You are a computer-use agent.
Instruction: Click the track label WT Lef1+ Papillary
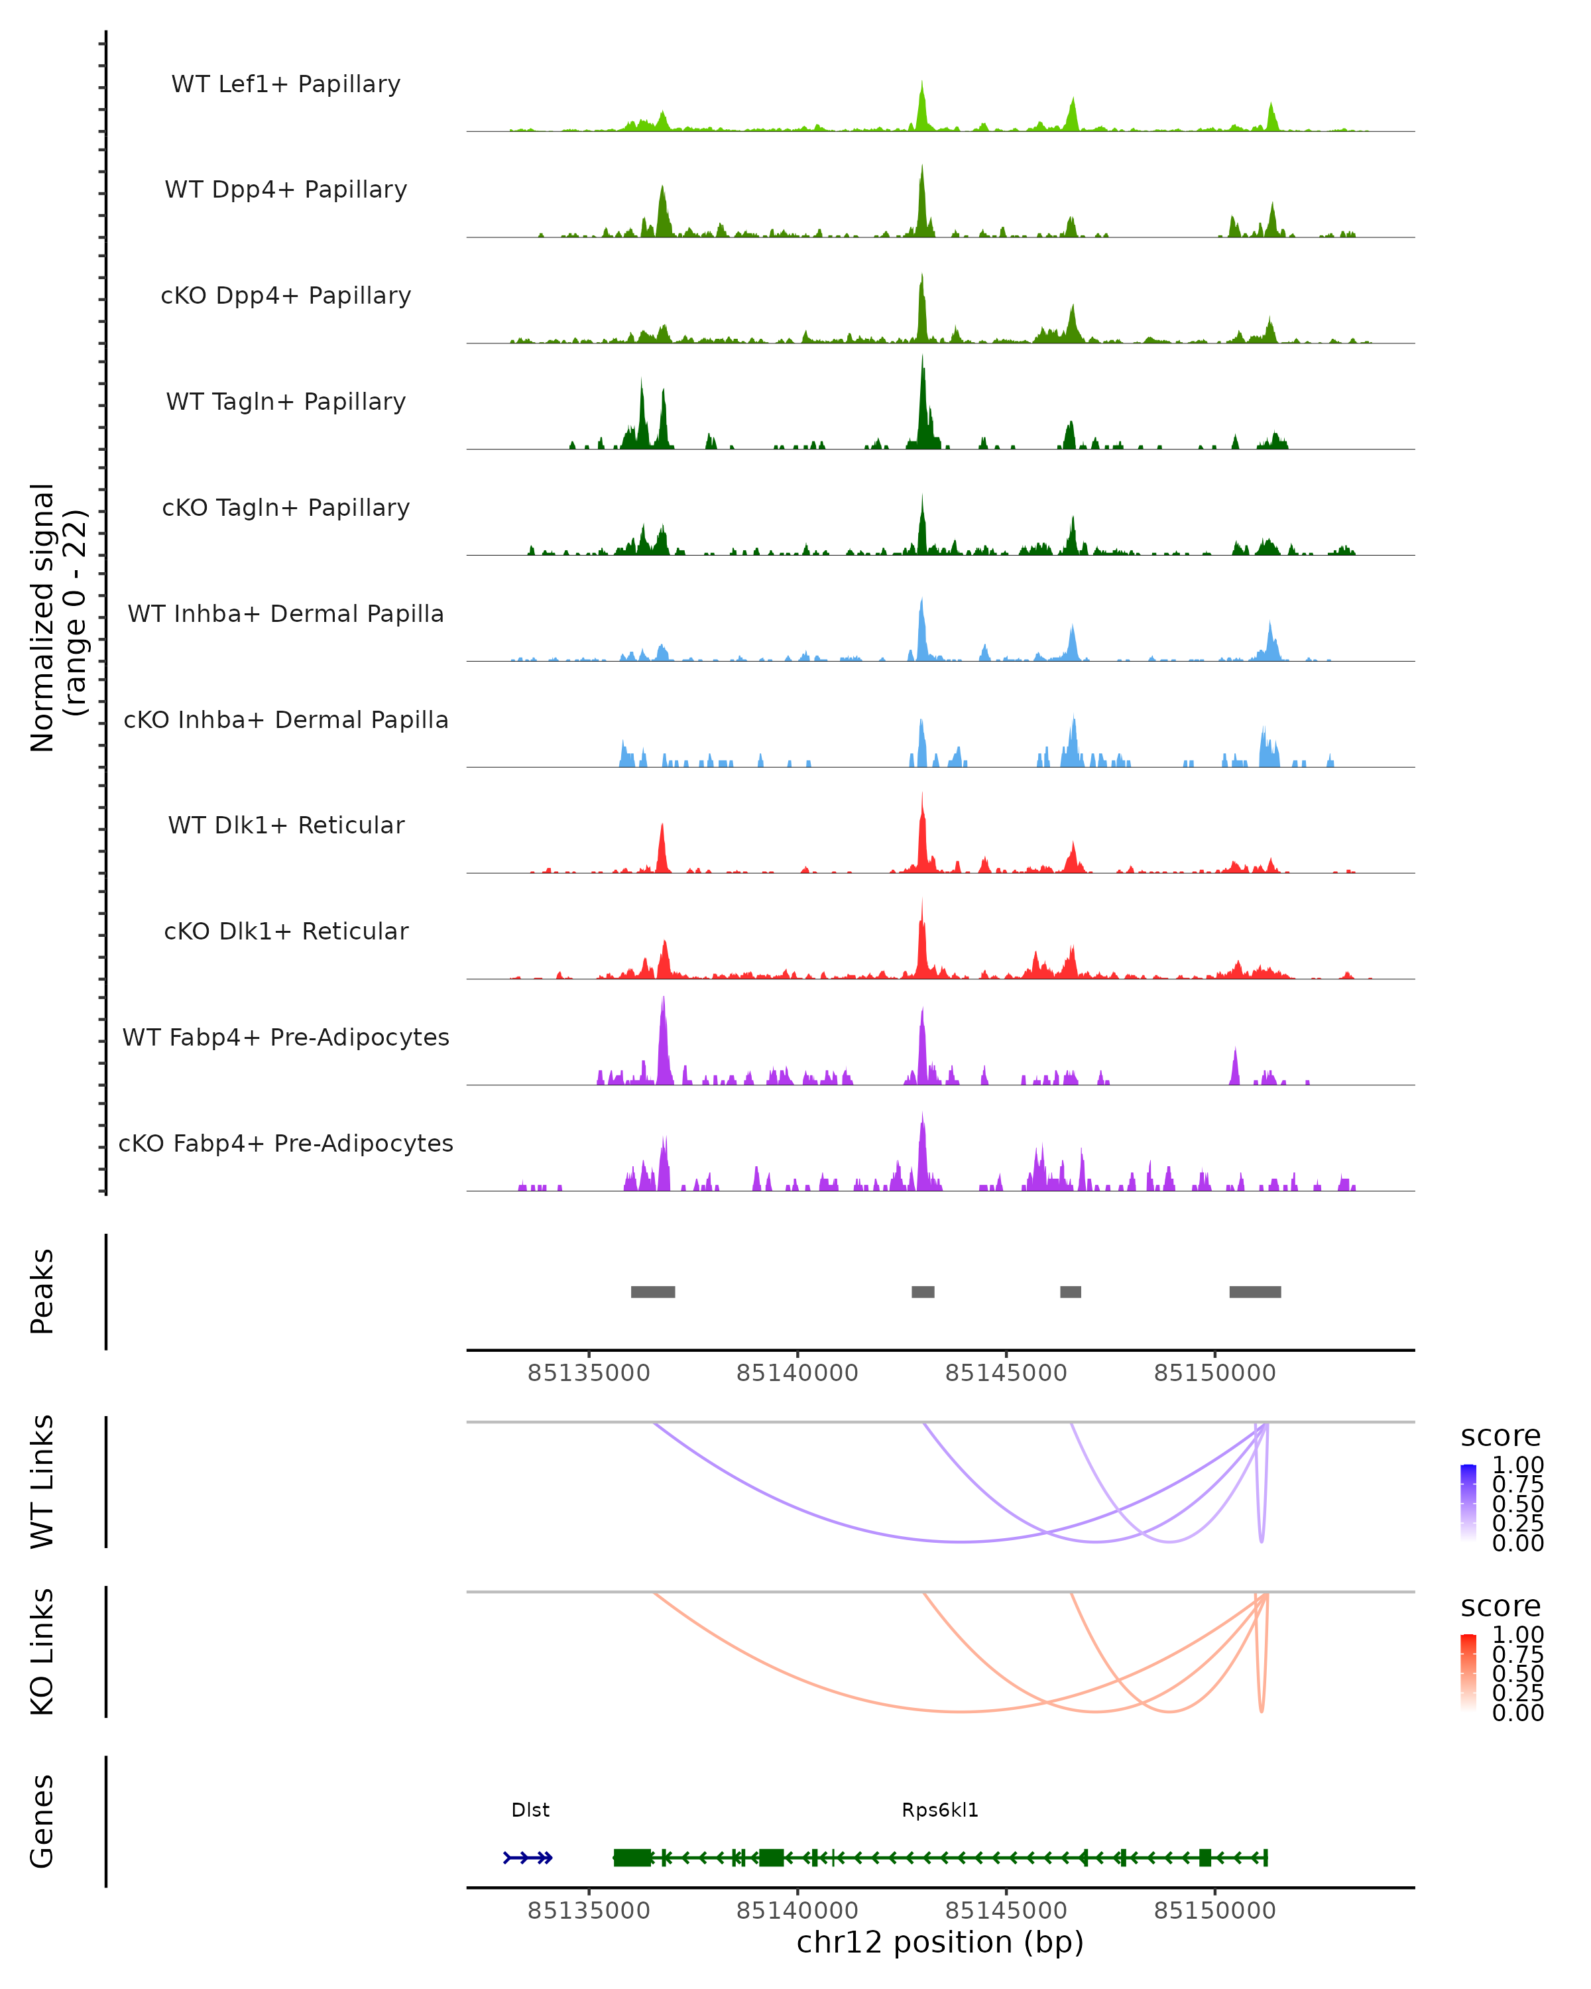[286, 84]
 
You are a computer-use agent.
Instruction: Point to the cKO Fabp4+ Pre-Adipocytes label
[286, 1143]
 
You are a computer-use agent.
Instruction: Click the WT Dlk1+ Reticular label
[286, 825]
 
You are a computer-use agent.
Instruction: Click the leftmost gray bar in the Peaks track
[652, 1292]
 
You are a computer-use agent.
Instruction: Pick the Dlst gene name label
[530, 1810]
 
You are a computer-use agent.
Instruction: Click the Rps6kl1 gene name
[940, 1810]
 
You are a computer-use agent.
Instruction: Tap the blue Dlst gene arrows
[528, 1858]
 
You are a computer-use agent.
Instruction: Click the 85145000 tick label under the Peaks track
[1006, 1374]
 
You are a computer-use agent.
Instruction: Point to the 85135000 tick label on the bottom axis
[589, 1911]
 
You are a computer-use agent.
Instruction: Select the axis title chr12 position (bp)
[940, 1942]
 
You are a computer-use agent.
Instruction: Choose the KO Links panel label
[42, 1652]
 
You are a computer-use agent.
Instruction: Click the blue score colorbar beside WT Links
[1468, 1501]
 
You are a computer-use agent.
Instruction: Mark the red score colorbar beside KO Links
[1468, 1671]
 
